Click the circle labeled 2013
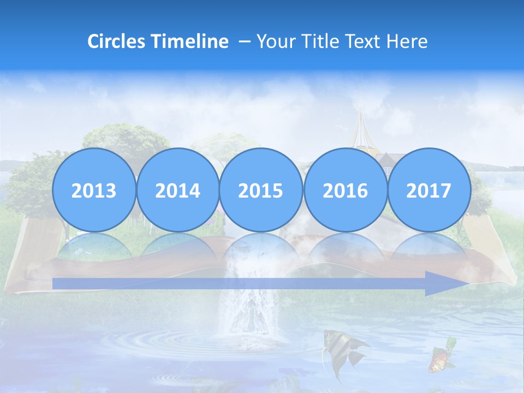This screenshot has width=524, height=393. pos(94,190)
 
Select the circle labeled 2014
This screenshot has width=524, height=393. pos(177,190)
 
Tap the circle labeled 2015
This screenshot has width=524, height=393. pos(261,190)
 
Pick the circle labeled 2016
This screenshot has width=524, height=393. pos(345,190)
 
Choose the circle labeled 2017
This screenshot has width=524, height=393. pos(429,190)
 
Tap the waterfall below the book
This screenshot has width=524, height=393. pos(248,306)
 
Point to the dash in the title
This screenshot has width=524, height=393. pos(244,42)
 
